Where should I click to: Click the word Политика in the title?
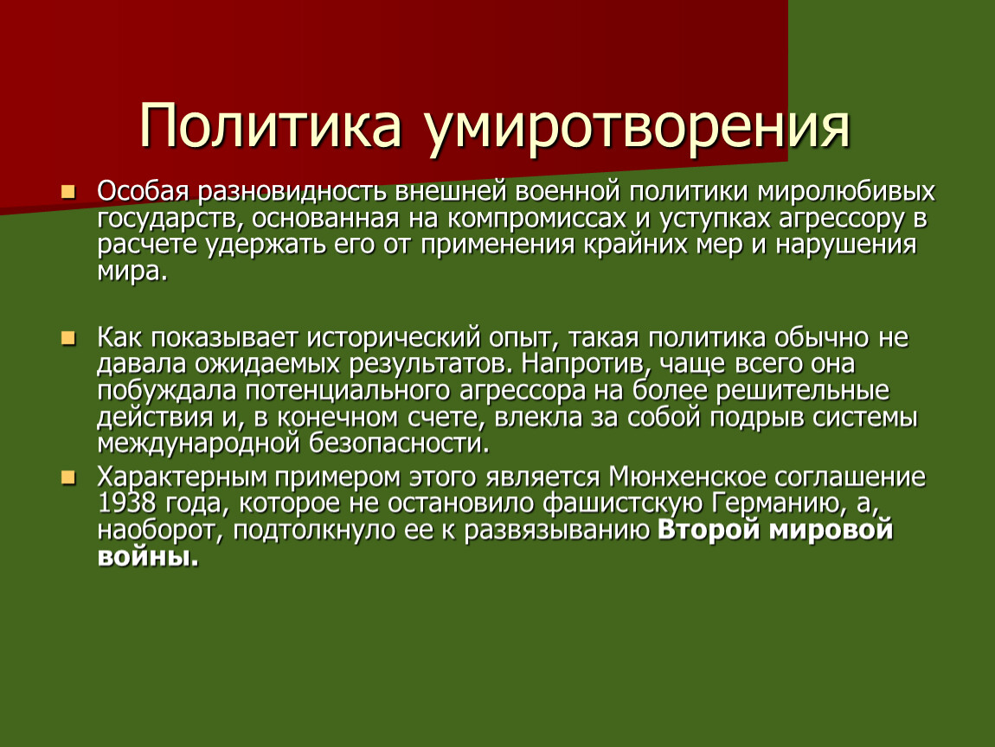click(x=270, y=124)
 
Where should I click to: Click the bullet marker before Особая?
click(x=67, y=192)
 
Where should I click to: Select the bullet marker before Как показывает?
click(x=67, y=338)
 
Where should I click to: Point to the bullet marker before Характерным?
click(x=67, y=477)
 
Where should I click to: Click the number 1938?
click(x=127, y=503)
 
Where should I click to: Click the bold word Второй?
click(x=708, y=530)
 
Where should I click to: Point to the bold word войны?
click(x=148, y=558)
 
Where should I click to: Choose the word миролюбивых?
click(x=846, y=192)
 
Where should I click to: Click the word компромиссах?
click(x=536, y=220)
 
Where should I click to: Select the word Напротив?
click(x=589, y=365)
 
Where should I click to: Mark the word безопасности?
click(x=400, y=444)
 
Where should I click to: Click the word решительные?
click(x=803, y=392)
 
